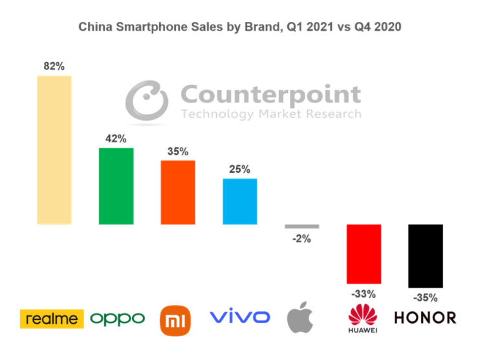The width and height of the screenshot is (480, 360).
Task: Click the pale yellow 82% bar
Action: tap(54, 150)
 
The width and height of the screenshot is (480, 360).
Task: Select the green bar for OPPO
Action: tap(116, 186)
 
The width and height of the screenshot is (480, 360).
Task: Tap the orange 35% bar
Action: tap(178, 192)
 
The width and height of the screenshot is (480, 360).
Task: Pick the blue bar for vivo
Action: tap(239, 201)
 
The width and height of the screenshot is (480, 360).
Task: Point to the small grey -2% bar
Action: tap(301, 226)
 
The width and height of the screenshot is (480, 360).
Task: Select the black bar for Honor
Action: tap(426, 256)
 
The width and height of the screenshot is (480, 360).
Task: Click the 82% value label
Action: tap(54, 66)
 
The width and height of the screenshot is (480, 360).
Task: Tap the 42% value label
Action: tap(116, 139)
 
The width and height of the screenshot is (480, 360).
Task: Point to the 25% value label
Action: tap(239, 169)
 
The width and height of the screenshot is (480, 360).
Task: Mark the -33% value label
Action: tap(364, 294)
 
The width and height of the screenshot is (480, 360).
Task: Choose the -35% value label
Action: tap(425, 298)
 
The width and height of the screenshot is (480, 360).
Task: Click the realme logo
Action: tap(52, 319)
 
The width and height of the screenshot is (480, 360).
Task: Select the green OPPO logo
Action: tap(117, 319)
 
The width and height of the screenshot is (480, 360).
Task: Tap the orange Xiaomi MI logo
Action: tap(176, 321)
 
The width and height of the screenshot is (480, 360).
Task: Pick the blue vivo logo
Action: tap(239, 317)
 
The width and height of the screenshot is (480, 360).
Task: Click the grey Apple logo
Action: tap(300, 317)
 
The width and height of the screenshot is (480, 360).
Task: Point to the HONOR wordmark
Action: tap(425, 318)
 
